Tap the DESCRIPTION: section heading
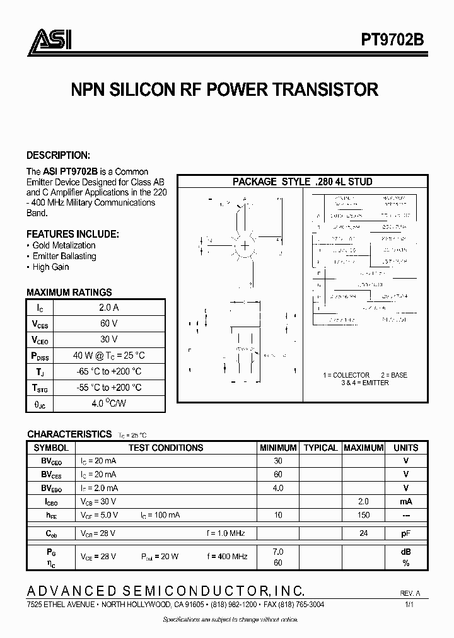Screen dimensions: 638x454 [58, 155]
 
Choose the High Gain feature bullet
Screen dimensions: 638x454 [48, 267]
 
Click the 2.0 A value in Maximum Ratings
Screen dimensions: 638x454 [108, 307]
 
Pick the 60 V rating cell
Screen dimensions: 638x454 [108, 323]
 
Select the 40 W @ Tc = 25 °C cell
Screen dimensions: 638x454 [108, 355]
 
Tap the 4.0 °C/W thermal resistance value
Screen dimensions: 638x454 [108, 403]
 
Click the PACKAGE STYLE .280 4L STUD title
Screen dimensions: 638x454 [302, 182]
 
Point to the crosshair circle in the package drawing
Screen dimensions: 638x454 [243, 245]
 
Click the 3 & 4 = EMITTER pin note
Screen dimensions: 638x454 [364, 383]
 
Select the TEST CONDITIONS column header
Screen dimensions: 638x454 [166, 448]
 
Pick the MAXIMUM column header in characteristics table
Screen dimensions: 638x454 [363, 448]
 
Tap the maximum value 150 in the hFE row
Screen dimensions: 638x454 [363, 515]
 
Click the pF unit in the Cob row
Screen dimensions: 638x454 [405, 533]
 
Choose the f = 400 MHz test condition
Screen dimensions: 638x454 [226, 557]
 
